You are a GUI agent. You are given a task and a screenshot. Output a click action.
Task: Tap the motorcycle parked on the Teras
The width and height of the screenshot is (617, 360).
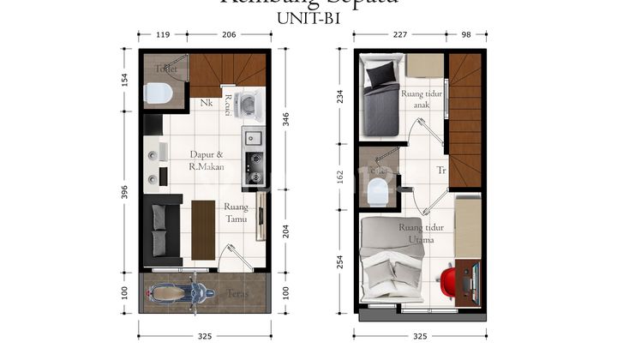pyautogui.click(x=180, y=294)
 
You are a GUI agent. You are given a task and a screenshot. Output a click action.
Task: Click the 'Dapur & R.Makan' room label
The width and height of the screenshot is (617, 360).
pyautogui.click(x=207, y=160)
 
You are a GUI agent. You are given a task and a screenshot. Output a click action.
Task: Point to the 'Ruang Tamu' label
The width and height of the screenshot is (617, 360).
pyautogui.click(x=236, y=213)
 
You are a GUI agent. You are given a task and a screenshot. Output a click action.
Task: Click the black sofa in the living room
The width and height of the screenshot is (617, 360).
pyautogui.click(x=161, y=230)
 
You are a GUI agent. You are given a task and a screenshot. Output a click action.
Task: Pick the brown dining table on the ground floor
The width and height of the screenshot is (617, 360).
pyautogui.click(x=203, y=229)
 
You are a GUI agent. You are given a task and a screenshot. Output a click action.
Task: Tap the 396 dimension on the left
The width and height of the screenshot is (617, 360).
pyautogui.click(x=124, y=189)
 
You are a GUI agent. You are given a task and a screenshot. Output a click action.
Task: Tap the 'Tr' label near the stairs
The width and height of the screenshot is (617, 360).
pyautogui.click(x=440, y=170)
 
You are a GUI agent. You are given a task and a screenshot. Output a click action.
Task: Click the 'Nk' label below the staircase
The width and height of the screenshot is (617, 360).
pyautogui.click(x=207, y=104)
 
